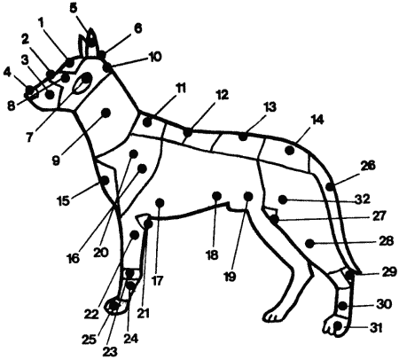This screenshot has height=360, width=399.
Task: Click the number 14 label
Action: coord(317,120)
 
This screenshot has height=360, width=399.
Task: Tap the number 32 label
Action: coord(363,200)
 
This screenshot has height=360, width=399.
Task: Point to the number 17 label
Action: coord(158,280)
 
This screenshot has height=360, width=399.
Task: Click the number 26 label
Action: coord(368,166)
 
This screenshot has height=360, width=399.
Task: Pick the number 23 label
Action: coord(110,351)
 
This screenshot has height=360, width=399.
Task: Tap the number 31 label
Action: coord(375,327)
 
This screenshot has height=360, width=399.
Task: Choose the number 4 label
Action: coord(6,73)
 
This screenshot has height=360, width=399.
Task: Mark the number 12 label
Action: coord(222,95)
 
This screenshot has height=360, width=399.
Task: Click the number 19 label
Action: coord(231,277)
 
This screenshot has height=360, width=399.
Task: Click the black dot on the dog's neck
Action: coord(106,113)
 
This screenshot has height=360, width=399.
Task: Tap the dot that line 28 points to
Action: coord(309,244)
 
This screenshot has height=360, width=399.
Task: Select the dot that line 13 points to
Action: coord(243,137)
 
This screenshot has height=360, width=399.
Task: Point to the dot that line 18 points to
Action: coord(216,196)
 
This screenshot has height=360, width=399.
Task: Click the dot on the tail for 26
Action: coord(330,187)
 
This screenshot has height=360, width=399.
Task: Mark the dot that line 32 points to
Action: coord(283,200)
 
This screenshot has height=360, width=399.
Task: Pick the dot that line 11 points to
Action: coord(147,121)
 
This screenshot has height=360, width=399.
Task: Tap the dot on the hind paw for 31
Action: coord(338,326)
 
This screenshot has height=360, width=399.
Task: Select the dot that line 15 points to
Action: coord(105,179)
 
